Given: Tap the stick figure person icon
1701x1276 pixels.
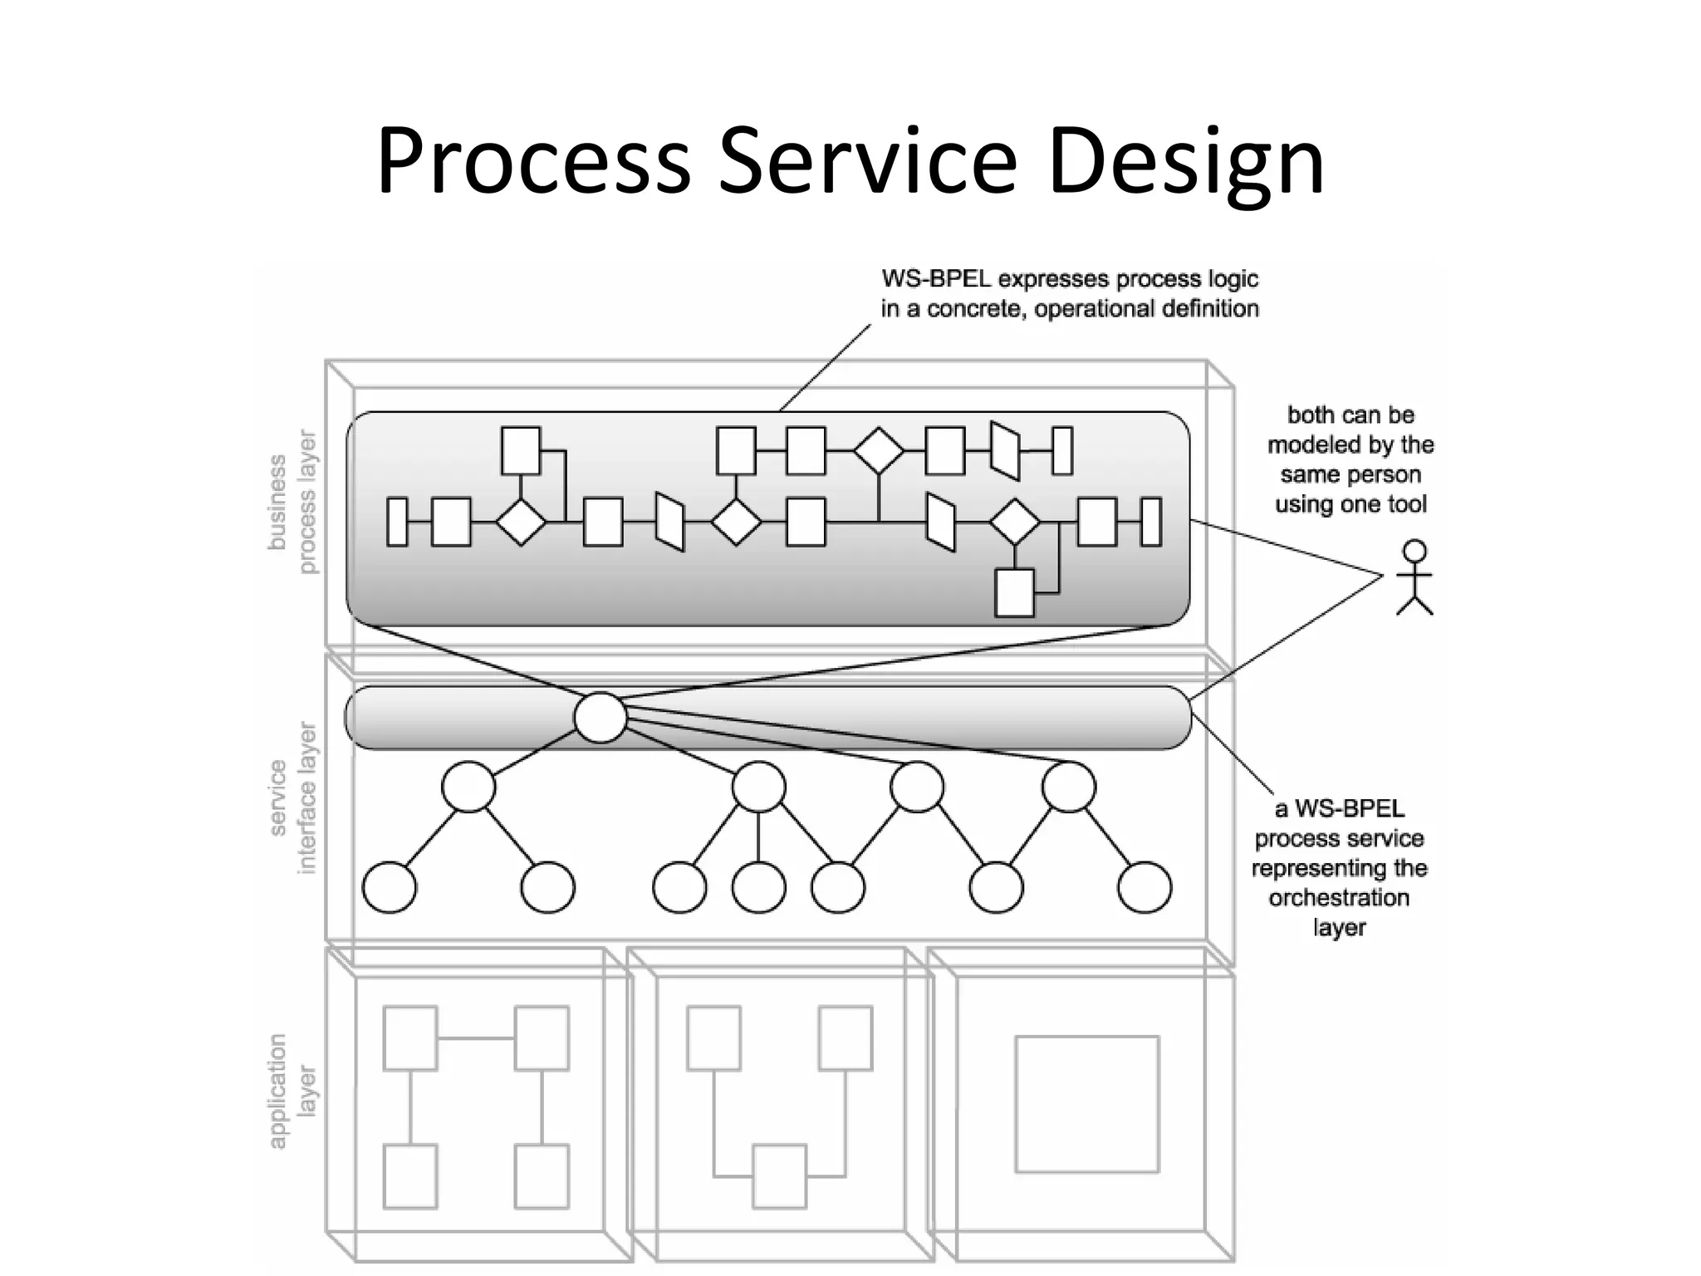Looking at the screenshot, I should (1414, 577).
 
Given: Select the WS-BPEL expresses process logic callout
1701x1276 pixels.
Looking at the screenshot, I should (1070, 294).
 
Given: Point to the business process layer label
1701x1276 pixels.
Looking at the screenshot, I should (292, 502).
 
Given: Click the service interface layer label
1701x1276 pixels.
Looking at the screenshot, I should (293, 797).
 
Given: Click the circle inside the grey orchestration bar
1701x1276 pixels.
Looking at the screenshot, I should (600, 718).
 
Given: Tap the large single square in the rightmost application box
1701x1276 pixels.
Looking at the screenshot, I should (1086, 1103).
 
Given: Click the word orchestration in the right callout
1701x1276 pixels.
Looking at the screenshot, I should (1338, 898).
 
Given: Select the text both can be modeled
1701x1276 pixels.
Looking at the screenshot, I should (1351, 429).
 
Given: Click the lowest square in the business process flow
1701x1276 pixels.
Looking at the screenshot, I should (1014, 592).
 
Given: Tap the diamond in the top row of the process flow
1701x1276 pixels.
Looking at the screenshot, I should (879, 451).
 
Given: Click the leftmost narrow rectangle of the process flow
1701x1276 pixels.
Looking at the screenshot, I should (398, 522).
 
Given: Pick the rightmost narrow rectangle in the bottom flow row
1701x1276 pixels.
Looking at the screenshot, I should (1151, 522).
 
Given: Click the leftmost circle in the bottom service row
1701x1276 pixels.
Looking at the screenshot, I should (390, 887).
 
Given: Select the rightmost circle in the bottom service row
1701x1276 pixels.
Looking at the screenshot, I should (1145, 887).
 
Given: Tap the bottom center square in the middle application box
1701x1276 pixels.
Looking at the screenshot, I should (779, 1175).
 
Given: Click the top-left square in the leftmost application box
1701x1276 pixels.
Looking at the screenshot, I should (410, 1038).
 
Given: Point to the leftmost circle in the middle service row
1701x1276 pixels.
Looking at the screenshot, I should (468, 787).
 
